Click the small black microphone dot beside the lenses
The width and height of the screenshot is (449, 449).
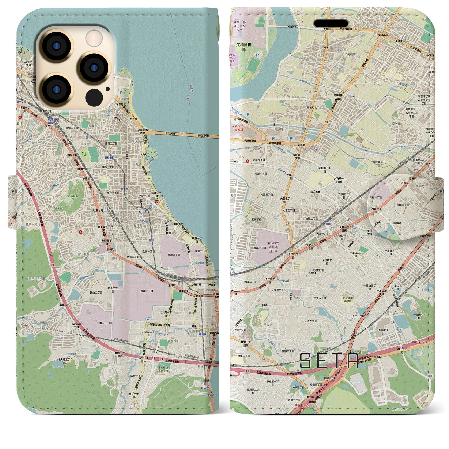pos(107,89)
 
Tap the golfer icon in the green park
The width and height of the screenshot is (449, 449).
pos(84,153)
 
